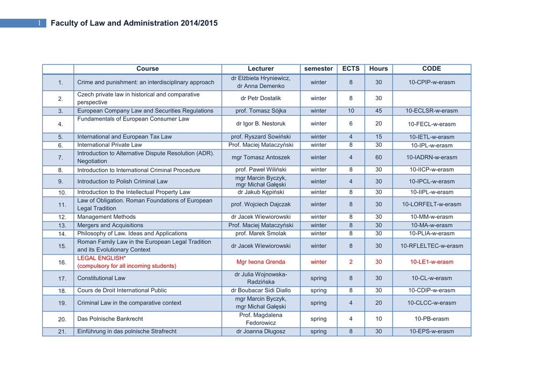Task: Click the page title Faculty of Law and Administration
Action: (134, 23)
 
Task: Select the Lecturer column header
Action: (261, 69)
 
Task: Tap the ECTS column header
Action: (351, 69)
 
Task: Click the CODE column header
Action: (432, 69)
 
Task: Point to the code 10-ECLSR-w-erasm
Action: (432, 111)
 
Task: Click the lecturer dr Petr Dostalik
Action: (261, 99)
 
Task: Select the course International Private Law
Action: (110, 145)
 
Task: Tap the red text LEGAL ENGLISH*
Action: (101, 258)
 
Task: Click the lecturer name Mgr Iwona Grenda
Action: (261, 262)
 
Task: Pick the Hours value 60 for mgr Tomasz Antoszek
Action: (379, 158)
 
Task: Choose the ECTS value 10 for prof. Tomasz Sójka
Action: (351, 111)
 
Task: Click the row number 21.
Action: (61, 332)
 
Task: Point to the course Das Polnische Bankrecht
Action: (110, 319)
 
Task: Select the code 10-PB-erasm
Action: (432, 319)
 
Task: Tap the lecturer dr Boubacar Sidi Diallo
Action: (261, 290)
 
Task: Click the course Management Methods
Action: (106, 217)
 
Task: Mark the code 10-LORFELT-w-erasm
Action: (432, 204)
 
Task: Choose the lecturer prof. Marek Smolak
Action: (261, 234)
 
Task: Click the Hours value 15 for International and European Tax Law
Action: (379, 137)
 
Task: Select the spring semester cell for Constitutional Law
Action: (318, 278)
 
